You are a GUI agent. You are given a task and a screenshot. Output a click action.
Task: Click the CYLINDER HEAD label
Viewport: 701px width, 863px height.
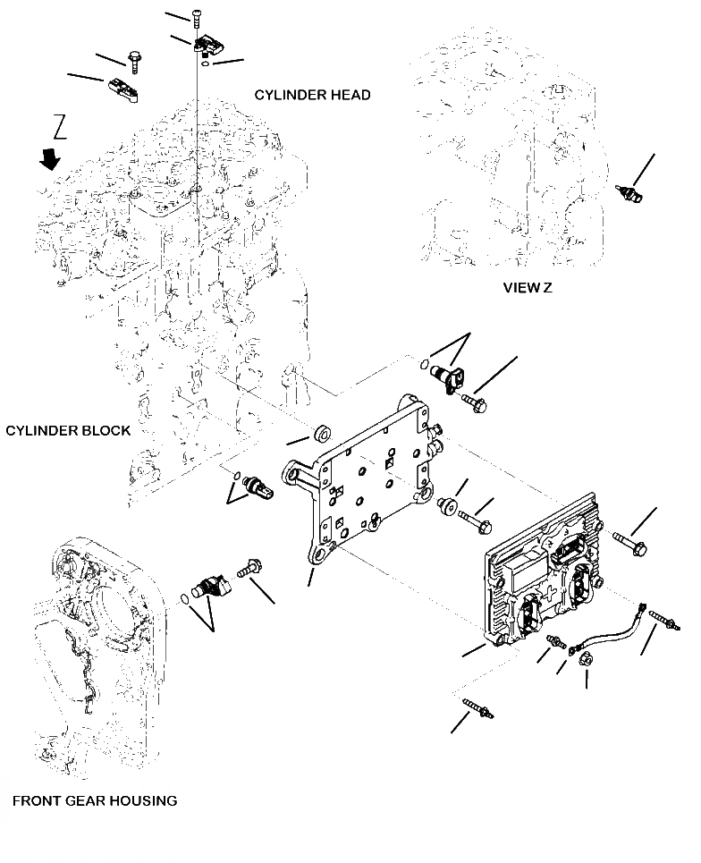[x=312, y=95]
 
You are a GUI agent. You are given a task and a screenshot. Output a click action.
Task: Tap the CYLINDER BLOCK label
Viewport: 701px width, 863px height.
[x=68, y=430]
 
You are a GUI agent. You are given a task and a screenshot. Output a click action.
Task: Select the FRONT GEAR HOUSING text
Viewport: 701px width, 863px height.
[x=94, y=800]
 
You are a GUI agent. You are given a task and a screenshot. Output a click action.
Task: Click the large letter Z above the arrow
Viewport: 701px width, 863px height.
[x=61, y=128]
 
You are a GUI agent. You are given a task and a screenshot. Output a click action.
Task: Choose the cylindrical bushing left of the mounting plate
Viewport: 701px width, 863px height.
[x=319, y=435]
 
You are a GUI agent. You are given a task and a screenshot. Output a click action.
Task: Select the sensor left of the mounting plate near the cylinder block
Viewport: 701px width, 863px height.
[x=257, y=486]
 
